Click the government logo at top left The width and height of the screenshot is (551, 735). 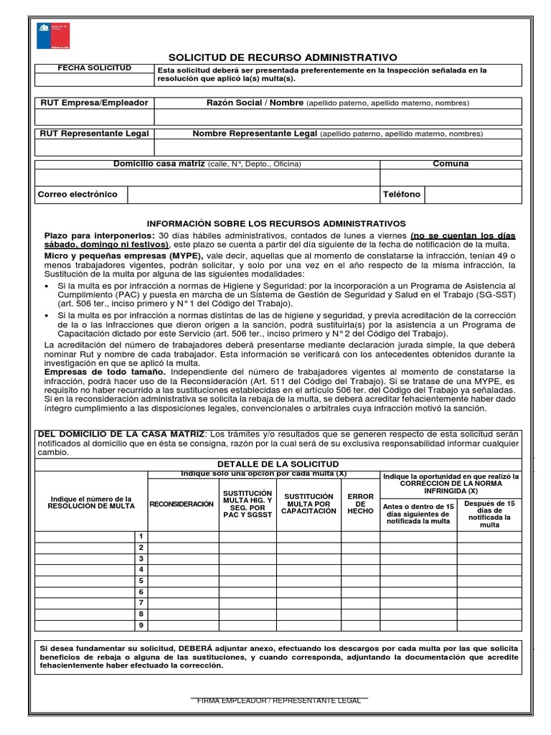(53, 35)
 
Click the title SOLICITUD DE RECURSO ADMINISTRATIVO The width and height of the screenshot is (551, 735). (282, 57)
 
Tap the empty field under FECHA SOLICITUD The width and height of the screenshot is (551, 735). (95, 79)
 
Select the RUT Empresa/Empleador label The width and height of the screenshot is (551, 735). (94, 103)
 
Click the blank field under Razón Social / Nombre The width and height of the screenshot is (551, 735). (338, 117)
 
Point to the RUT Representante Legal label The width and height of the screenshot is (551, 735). (94, 134)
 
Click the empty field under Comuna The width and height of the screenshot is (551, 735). (451, 177)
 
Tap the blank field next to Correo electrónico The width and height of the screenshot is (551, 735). (253, 195)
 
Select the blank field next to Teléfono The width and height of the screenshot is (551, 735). (474, 195)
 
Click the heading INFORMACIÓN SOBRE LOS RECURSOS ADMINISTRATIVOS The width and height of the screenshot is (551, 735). (276, 224)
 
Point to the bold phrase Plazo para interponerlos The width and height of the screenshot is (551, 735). (99, 235)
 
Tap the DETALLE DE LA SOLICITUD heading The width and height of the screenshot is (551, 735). (278, 465)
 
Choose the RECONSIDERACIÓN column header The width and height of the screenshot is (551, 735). (182, 504)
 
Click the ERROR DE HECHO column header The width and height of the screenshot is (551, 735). (360, 504)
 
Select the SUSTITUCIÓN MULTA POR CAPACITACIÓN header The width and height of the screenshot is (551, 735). (309, 504)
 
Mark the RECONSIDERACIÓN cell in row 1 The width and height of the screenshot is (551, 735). (183, 536)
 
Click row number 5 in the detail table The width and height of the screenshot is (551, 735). (141, 581)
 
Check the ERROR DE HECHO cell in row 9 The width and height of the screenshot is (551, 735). (360, 625)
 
